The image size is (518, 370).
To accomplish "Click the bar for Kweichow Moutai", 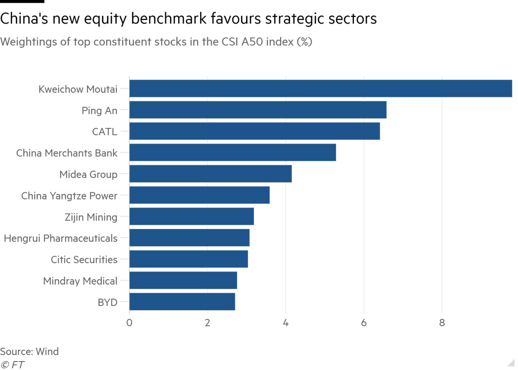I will click(321, 89).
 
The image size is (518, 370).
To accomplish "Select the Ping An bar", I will click(259, 110).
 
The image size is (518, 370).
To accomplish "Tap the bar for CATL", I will click(255, 132).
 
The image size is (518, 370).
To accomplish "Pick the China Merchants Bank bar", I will click(233, 153).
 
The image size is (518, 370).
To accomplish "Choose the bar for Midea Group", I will click(211, 174).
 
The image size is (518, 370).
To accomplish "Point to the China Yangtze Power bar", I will click(200, 196).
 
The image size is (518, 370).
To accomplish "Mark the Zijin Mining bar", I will click(192, 217).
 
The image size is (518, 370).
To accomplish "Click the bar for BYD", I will click(183, 302).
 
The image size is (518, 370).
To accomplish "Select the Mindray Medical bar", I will click(184, 281).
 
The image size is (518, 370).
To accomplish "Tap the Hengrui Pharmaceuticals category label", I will click(60, 238).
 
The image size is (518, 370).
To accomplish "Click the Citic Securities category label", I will click(84, 259).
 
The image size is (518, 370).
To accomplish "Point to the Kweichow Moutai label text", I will click(78, 89).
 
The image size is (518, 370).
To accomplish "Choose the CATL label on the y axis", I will click(105, 132).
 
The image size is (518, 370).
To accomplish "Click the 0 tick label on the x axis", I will click(129, 323).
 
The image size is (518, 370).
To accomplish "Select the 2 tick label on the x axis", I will click(208, 323).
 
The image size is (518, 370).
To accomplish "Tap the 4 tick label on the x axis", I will click(286, 323).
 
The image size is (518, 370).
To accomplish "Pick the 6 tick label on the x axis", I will click(364, 323).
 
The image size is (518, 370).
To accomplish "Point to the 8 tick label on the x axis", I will click(442, 323).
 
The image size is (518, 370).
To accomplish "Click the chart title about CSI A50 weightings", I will click(156, 42).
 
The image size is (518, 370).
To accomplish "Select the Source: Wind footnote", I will click(30, 351).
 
